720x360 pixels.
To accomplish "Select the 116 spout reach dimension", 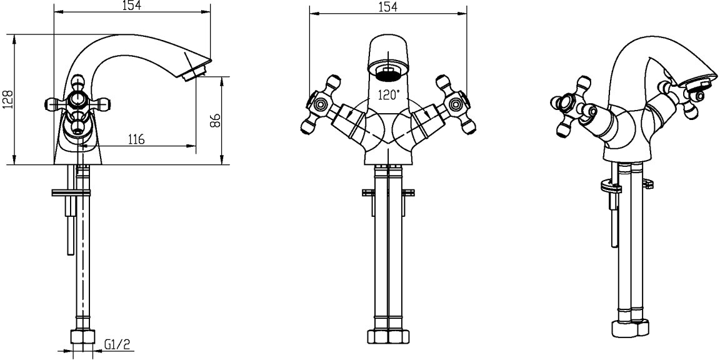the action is [x=136, y=139].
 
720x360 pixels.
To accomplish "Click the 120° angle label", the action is [x=389, y=95].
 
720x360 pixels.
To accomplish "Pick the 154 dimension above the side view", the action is [x=132, y=5].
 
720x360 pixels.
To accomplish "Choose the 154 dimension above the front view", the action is [x=388, y=7].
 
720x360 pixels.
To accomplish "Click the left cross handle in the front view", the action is [x=321, y=105].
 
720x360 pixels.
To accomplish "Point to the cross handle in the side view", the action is [x=77, y=103].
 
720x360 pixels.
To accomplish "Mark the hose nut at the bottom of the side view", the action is [x=82, y=337].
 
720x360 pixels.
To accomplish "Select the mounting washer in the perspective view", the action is [x=611, y=187].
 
